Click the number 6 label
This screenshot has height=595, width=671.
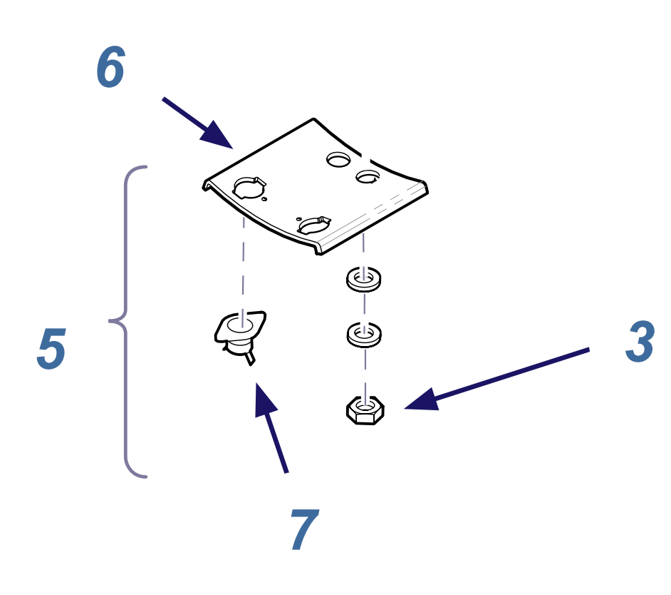pos(110,68)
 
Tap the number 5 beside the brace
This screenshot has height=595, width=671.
pos(51,350)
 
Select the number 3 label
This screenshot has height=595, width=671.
pos(640,342)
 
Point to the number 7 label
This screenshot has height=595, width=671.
pos(304,530)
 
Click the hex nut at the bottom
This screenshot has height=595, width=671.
pos(365,411)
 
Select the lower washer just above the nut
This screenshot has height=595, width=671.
pos(363,333)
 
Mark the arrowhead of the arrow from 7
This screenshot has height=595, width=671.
pos(264,400)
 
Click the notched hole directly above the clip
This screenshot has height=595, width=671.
pos(249,187)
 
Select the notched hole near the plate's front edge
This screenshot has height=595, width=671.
pos(314,223)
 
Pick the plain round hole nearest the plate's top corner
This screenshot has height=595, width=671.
pos(338,158)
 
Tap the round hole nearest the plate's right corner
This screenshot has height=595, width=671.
pos(368,176)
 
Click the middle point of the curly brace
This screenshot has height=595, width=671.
pos(114,321)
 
